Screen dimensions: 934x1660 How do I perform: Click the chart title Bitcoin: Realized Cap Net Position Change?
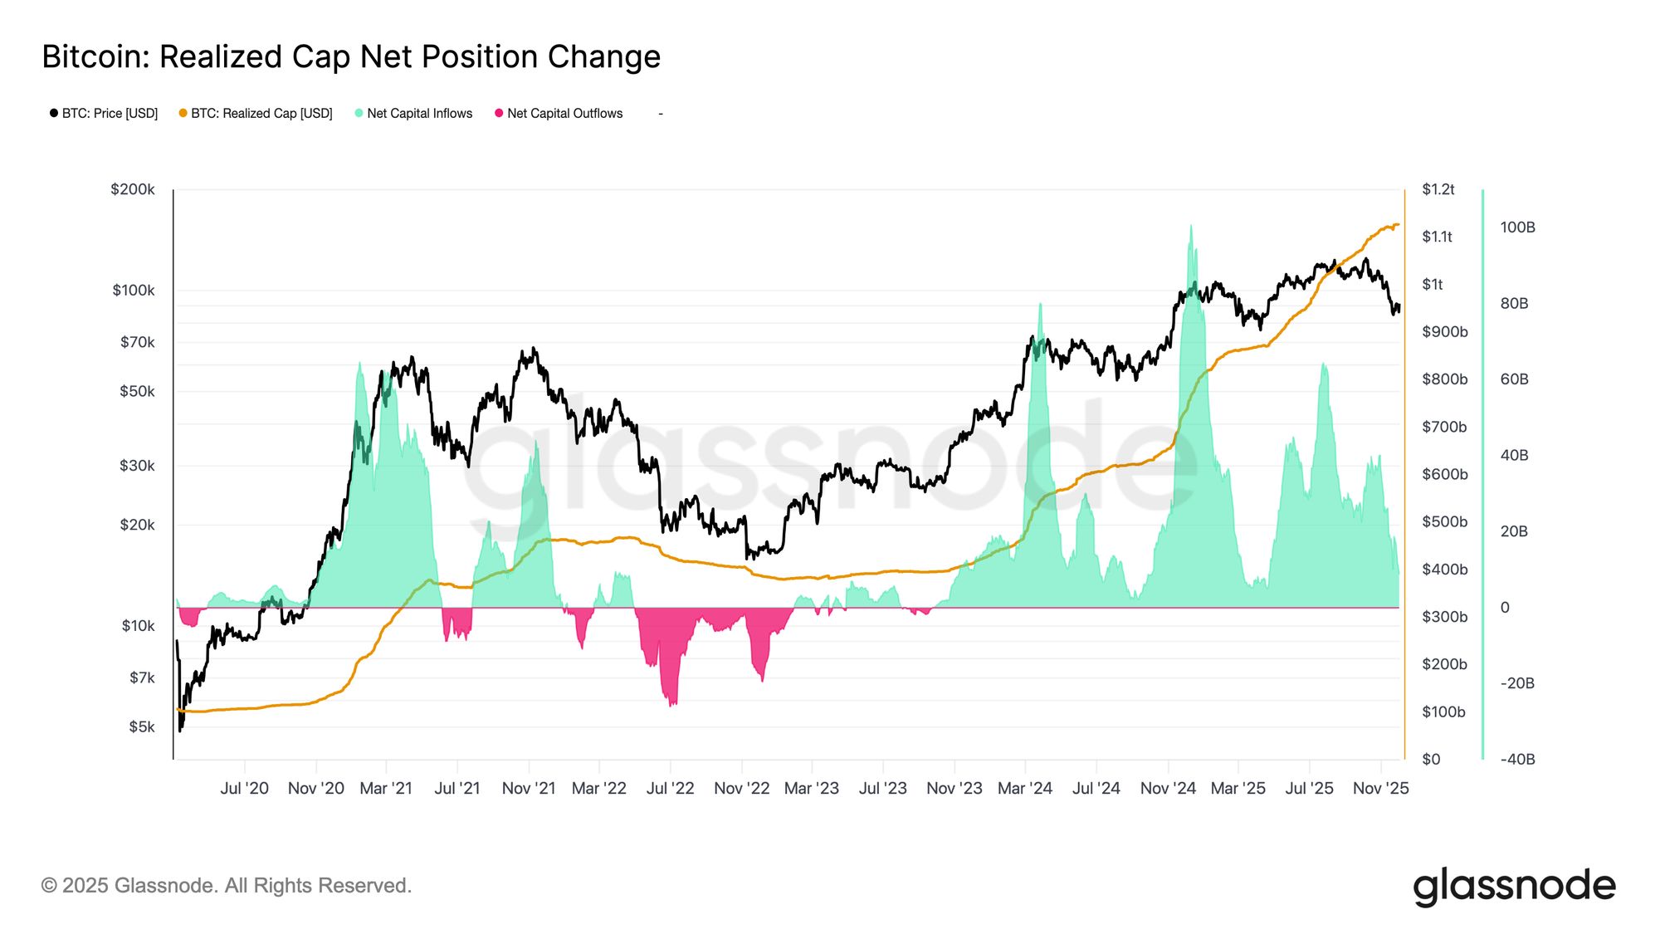pyautogui.click(x=351, y=56)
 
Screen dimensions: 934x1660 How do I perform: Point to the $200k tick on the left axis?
pyautogui.click(x=133, y=189)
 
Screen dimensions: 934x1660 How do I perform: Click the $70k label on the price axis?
pyautogui.click(x=137, y=342)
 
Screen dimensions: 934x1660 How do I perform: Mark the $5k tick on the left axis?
pyautogui.click(x=141, y=726)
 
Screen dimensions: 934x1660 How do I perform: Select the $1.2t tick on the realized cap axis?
pyautogui.click(x=1438, y=189)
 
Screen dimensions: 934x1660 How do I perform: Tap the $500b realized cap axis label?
pyautogui.click(x=1444, y=521)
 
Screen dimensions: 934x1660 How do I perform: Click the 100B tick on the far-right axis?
pyautogui.click(x=1517, y=227)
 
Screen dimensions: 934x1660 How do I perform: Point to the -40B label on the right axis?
pyautogui.click(x=1517, y=759)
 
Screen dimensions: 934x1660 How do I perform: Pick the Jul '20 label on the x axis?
pyautogui.click(x=244, y=788)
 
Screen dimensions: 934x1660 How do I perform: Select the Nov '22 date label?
pyautogui.click(x=741, y=788)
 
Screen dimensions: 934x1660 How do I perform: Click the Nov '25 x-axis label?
pyautogui.click(x=1380, y=788)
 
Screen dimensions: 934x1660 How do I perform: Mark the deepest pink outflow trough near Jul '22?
pyautogui.click(x=671, y=704)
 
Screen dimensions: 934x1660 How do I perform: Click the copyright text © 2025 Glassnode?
pyautogui.click(x=226, y=886)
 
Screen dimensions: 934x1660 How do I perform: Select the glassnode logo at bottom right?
pyautogui.click(x=1514, y=886)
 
